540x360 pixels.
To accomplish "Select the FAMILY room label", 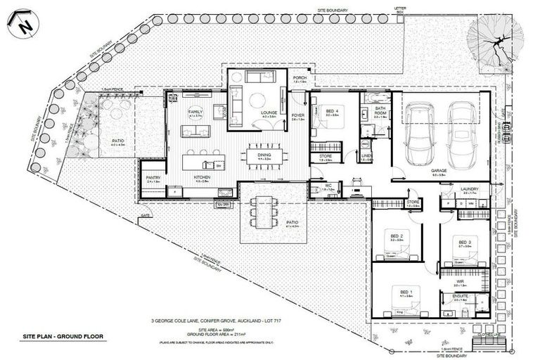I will click(x=195, y=112).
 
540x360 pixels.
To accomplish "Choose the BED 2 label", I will click(x=396, y=236).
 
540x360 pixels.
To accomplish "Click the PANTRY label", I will click(x=153, y=178).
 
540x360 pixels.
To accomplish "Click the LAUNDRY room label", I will click(x=470, y=189).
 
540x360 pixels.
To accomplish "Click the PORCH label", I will click(x=300, y=78).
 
